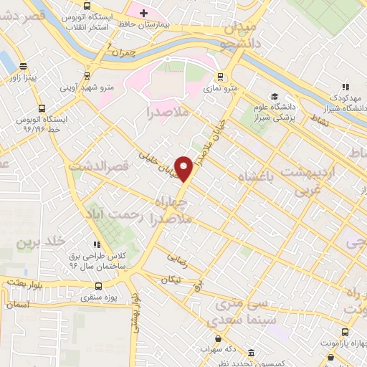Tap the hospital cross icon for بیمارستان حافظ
pyautogui.click(x=143, y=12)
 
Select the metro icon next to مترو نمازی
pyautogui.click(x=219, y=76)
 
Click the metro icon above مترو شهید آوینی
pyautogui.click(x=87, y=75)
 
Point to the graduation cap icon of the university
pyautogui.click(x=273, y=96)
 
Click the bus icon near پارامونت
pyautogui.click(x=346, y=332)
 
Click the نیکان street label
pyautogui.click(x=171, y=278)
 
